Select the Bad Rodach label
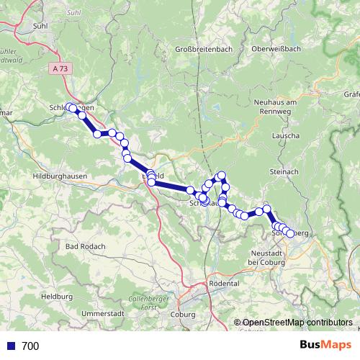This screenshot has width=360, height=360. (86, 246)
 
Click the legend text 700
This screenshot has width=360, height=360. (30, 346)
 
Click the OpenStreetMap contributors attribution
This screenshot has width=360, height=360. (297, 323)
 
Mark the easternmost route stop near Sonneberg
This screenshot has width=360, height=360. (290, 233)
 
